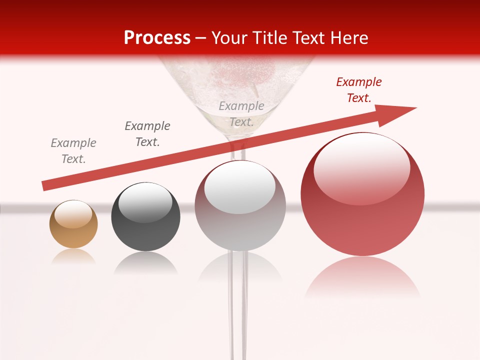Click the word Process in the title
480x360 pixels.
[x=157, y=38]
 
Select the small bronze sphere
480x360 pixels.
[x=73, y=224]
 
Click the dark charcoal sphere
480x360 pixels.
[x=145, y=216]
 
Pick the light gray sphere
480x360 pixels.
[x=240, y=206]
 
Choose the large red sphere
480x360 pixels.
[x=362, y=194]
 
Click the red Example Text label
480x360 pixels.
[x=359, y=90]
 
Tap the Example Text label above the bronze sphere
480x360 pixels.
[x=73, y=151]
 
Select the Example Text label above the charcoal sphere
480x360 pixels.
[x=147, y=134]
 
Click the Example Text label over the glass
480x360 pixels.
[x=241, y=113]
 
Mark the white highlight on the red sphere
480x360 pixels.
[x=361, y=167]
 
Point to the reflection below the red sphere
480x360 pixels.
[x=362, y=277]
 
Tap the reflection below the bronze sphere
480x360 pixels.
[x=73, y=256]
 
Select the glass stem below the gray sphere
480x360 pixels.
[x=238, y=300]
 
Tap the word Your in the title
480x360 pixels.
[x=230, y=38]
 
